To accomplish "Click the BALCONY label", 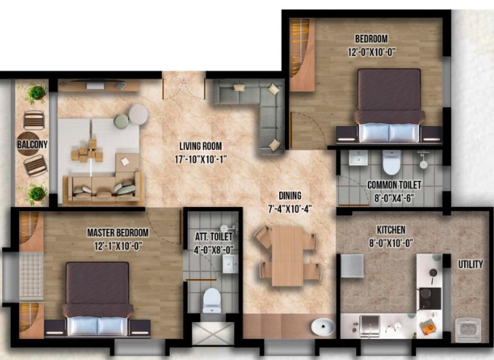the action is coord(32,145).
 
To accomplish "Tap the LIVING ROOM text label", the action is coord(200,146).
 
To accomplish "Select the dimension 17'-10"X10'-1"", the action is coord(200,159).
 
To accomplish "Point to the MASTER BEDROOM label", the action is coord(118,233).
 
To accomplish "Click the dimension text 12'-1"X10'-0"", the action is coord(118,246).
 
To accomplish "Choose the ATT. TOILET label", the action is coord(213,237).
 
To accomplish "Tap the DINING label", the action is coord(290,196).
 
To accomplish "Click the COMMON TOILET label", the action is coord(394,184).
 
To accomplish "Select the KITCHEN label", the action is coord(391,230).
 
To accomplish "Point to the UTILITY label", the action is coord(471,264).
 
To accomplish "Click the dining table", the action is coord(287,257).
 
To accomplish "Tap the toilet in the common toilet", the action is coord(391,162).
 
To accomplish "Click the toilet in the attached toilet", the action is coord(211,300).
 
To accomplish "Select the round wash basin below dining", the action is coord(323,326).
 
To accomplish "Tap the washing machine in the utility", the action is coord(468,329).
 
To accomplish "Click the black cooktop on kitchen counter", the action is coord(430,298).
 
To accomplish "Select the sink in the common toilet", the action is coord(358,157).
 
